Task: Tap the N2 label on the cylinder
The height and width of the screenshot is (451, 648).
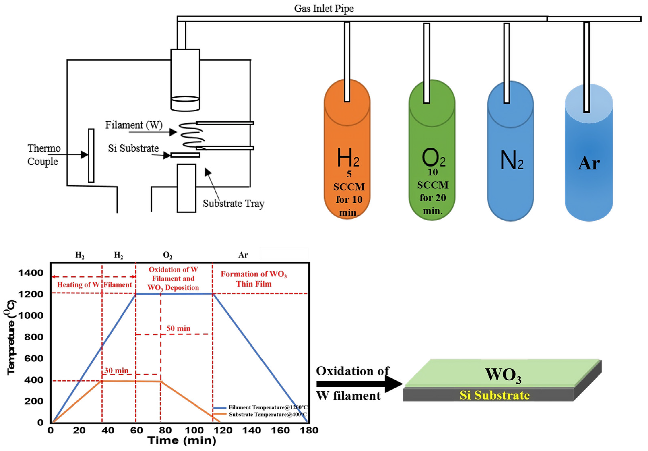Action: [x=511, y=160]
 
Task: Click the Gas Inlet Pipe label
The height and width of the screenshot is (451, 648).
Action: [x=324, y=9]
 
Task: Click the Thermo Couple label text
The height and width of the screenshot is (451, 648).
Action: [x=43, y=155]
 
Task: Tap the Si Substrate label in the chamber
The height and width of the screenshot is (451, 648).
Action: [x=133, y=148]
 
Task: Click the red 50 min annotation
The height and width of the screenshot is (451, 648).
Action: [x=178, y=328]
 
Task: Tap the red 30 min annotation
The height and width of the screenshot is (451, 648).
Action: [x=116, y=371]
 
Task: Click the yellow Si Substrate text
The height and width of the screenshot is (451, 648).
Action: [x=494, y=395]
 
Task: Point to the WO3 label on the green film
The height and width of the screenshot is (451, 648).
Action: [x=503, y=375]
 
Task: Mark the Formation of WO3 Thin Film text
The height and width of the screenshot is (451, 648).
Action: [x=253, y=279]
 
